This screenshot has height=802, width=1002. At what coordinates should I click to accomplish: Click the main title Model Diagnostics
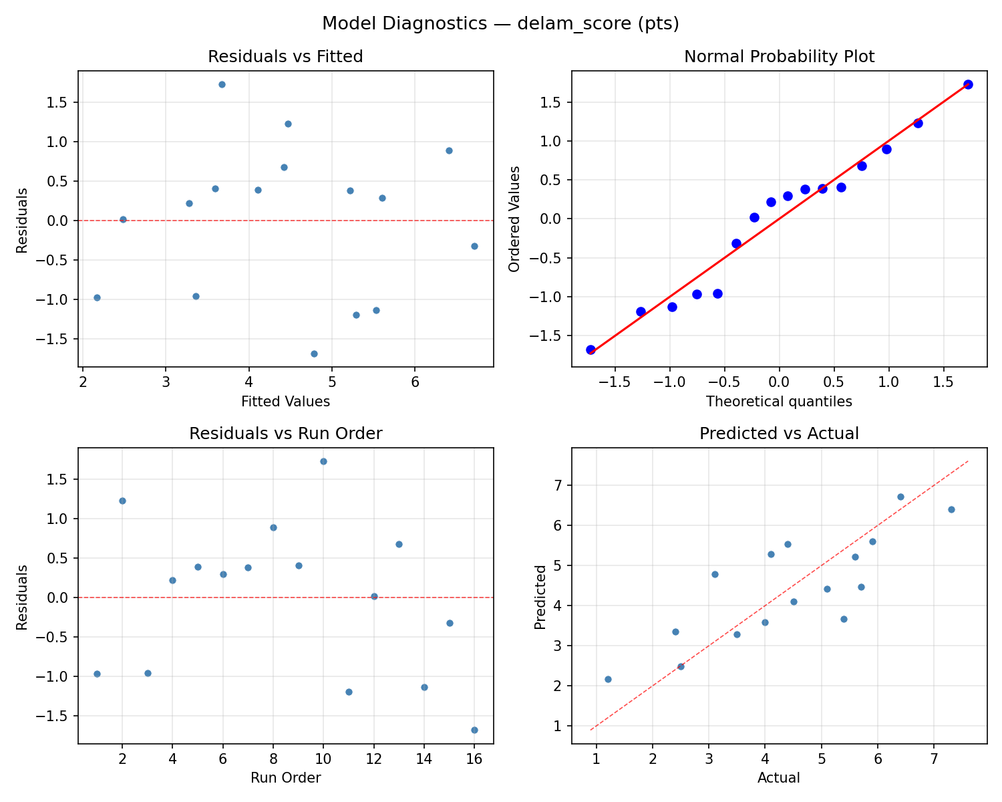coord(500,24)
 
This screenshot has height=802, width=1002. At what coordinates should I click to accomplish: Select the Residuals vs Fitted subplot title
coord(285,57)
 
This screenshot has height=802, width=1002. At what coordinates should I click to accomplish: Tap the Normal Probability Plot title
coord(779,57)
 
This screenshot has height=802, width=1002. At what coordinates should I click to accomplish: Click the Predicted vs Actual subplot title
coord(779,434)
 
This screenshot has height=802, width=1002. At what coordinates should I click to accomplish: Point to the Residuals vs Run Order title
coord(285,434)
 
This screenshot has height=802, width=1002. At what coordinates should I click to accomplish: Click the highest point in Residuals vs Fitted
coord(222,84)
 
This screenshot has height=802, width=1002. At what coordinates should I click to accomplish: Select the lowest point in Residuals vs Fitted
coord(314,354)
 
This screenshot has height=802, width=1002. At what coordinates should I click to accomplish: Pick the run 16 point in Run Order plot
coord(474,730)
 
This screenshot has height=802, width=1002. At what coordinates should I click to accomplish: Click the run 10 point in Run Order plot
coord(323,461)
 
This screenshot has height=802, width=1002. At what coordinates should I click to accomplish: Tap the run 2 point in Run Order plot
coord(122,501)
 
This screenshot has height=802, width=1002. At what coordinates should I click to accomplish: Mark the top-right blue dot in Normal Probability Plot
coord(968,84)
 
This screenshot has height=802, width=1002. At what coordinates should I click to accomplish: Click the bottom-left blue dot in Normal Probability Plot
coord(591,350)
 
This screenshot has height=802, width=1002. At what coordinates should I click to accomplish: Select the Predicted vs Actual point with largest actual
coord(951,509)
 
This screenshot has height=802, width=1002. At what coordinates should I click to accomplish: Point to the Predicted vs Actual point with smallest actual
coord(608,679)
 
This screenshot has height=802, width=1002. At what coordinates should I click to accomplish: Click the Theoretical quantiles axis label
coord(779,402)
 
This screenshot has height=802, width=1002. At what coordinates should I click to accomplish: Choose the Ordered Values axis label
coord(514,219)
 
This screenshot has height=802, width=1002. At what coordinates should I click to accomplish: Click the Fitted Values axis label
coord(285,402)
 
